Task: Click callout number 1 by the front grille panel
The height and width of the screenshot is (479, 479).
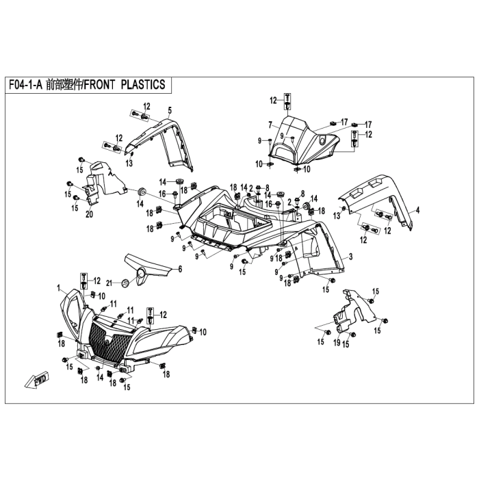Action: (x=58, y=287)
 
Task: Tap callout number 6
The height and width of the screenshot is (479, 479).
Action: (x=180, y=269)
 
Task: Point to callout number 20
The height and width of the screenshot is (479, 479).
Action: (x=89, y=214)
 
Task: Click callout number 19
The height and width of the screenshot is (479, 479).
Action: (x=337, y=342)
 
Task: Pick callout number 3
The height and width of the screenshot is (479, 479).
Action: (x=350, y=257)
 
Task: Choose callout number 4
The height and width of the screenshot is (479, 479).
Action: (x=417, y=210)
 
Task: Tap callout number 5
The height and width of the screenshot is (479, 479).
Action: (x=170, y=110)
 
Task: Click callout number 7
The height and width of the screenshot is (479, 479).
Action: (x=270, y=125)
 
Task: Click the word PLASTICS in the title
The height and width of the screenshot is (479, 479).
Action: (x=143, y=85)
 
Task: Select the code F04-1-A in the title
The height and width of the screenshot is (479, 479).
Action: (x=25, y=85)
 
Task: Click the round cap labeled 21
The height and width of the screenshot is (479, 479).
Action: (x=125, y=283)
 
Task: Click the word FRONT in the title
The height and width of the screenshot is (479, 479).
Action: (x=99, y=85)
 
